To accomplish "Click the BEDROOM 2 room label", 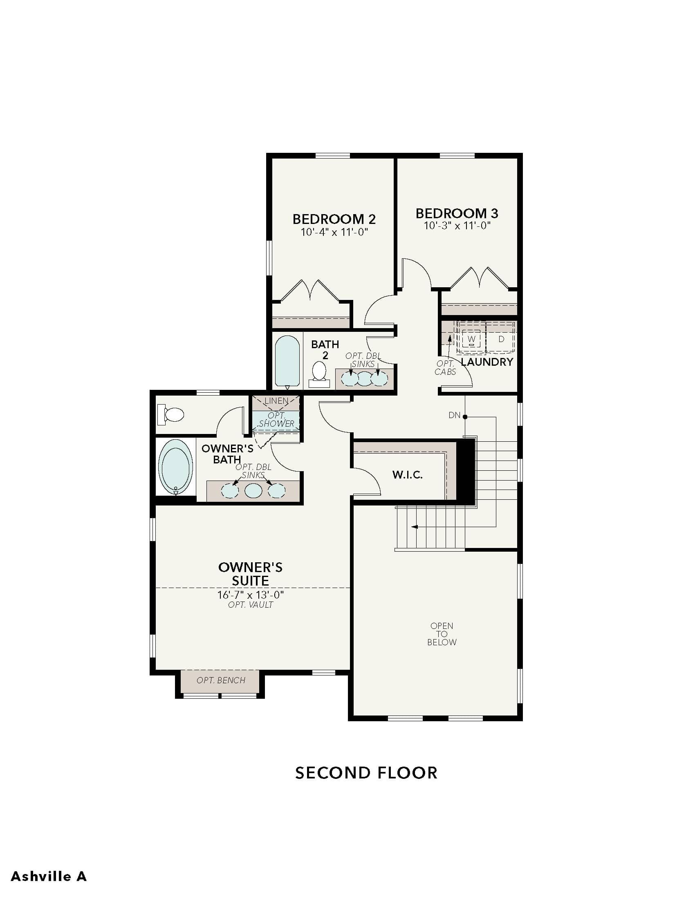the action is [x=334, y=219].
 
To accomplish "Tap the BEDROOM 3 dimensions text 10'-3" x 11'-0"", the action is [x=457, y=226].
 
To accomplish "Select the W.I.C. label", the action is [x=408, y=475].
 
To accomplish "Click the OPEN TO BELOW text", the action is [x=442, y=634].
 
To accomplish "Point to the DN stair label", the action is [x=454, y=415].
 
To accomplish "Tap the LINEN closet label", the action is [x=276, y=401].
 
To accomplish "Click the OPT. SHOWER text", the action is [x=276, y=419].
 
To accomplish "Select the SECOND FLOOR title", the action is [x=366, y=773].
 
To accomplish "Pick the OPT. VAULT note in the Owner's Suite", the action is [x=250, y=605].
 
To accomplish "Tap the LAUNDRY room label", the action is [x=487, y=362].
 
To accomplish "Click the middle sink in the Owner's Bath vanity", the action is [x=253, y=491].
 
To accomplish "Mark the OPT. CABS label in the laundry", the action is [x=445, y=368].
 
